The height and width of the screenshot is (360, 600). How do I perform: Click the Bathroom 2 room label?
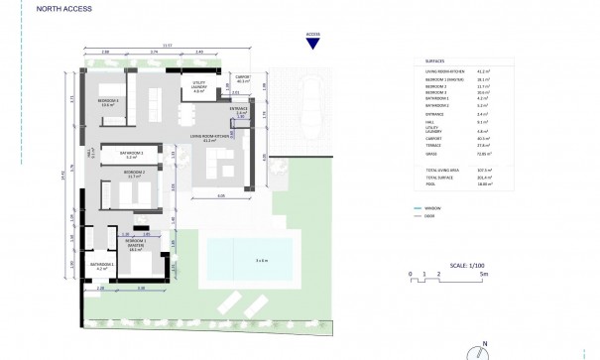132,155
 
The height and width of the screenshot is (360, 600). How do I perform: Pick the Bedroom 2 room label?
136,175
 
